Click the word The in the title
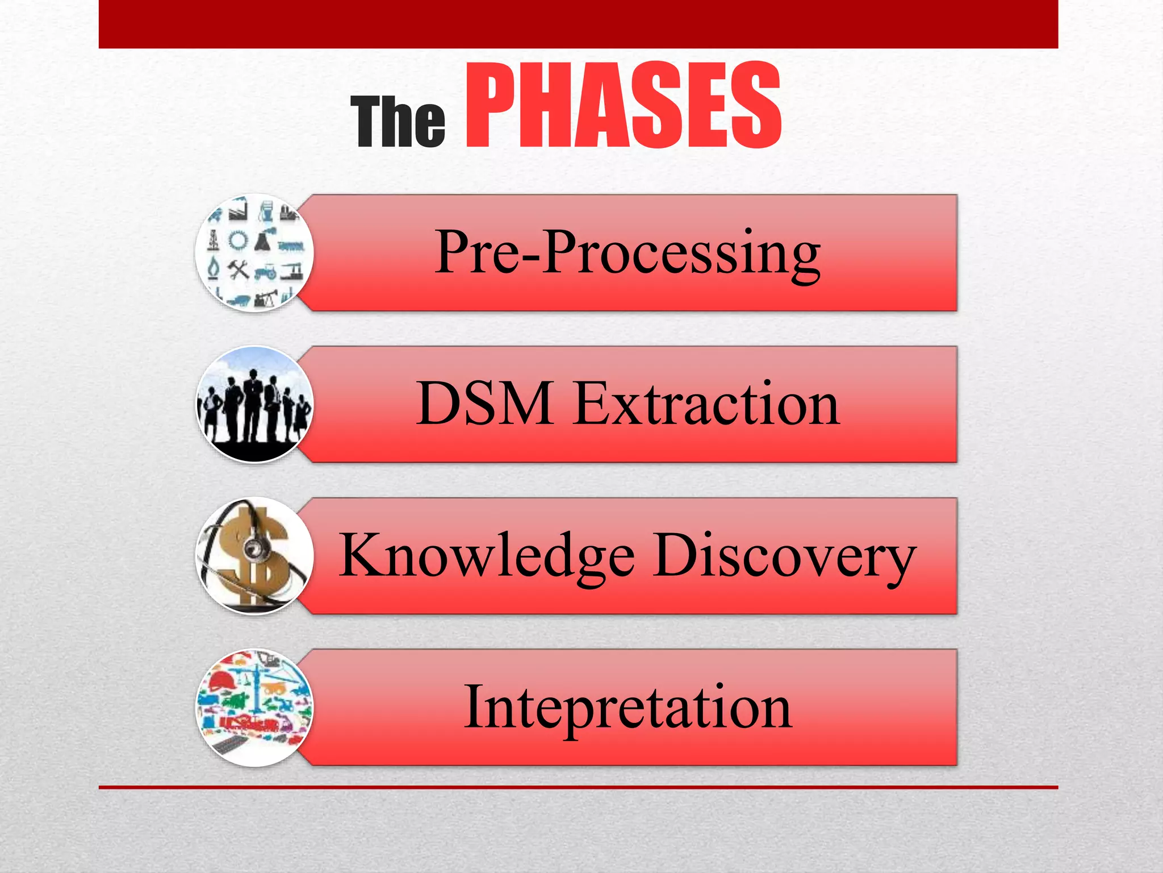pyautogui.click(x=398, y=122)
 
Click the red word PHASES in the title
pyautogui.click(x=623, y=106)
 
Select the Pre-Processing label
pyautogui.click(x=627, y=252)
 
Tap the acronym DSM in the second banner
pyautogui.click(x=484, y=404)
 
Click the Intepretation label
pyautogui.click(x=627, y=708)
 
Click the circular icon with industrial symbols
pyautogui.click(x=254, y=252)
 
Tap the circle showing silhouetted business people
pyautogui.click(x=254, y=404)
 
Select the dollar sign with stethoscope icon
pyautogui.click(x=254, y=556)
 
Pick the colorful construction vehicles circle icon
pyautogui.click(x=254, y=708)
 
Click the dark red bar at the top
pyautogui.click(x=578, y=24)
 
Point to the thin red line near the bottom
pyautogui.click(x=578, y=787)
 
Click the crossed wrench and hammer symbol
pyautogui.click(x=239, y=269)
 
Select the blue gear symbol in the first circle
pyautogui.click(x=239, y=241)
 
